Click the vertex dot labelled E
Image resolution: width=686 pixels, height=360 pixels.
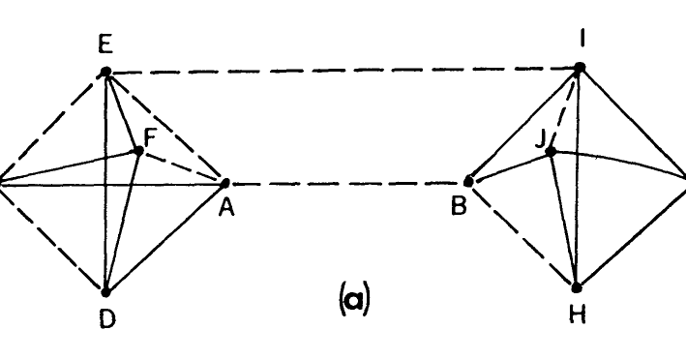[105, 72]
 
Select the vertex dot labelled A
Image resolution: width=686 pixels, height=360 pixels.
[225, 182]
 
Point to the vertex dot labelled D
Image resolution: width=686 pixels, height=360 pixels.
[105, 290]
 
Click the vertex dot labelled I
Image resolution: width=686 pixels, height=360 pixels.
[580, 68]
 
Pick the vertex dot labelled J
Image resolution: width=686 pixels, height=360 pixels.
[549, 152]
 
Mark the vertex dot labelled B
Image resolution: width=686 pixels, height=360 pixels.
[468, 181]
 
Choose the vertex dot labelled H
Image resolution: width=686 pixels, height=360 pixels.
[578, 286]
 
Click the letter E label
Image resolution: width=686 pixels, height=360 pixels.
[105, 44]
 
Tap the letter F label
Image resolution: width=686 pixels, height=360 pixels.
[150, 140]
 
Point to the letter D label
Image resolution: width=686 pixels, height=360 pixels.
[106, 319]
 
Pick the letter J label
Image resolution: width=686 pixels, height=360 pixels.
[539, 137]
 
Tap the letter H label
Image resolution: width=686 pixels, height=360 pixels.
[579, 315]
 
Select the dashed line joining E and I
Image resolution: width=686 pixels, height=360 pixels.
[339, 70]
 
